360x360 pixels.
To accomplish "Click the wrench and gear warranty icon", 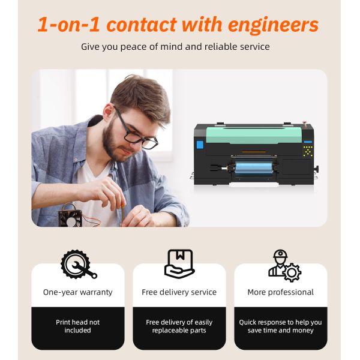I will (x=78, y=265).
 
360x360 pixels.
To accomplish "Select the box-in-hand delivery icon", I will (x=179, y=265).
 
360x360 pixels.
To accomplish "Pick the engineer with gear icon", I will (x=283, y=265).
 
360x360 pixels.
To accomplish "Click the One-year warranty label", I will (x=78, y=292).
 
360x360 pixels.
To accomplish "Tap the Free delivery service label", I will (x=179, y=292).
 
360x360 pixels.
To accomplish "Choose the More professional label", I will (x=281, y=292).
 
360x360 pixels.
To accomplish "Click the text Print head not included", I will (x=78, y=326).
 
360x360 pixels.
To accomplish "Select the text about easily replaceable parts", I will (x=179, y=326).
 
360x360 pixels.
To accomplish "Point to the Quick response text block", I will (x=281, y=326).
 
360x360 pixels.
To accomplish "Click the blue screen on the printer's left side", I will (x=200, y=145).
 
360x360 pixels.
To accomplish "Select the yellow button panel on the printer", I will (x=308, y=152).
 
